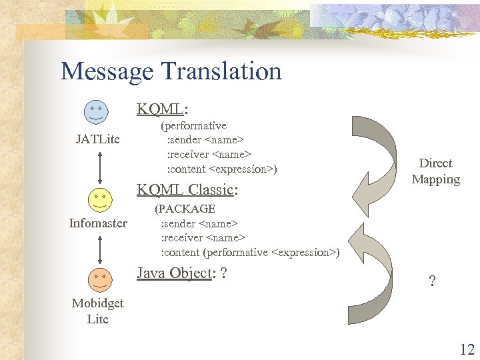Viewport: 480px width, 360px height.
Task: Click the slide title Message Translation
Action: pyautogui.click(x=171, y=71)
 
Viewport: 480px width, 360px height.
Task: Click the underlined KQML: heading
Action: pyautogui.click(x=162, y=109)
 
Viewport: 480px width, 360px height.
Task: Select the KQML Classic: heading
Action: pyautogui.click(x=187, y=190)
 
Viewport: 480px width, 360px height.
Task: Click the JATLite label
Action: pyautogui.click(x=98, y=139)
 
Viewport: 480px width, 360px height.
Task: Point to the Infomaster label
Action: pyautogui.click(x=98, y=223)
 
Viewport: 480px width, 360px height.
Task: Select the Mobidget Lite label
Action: pyautogui.click(x=98, y=311)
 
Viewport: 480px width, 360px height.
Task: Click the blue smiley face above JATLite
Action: pyautogui.click(x=97, y=109)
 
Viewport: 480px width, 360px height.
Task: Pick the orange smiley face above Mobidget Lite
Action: pyautogui.click(x=99, y=278)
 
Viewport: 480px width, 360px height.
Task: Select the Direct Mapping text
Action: pyautogui.click(x=435, y=171)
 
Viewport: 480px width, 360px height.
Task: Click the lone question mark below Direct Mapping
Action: pyautogui.click(x=432, y=281)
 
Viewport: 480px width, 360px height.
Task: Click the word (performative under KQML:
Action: pyautogui.click(x=193, y=125)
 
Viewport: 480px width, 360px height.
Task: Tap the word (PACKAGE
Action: pyautogui.click(x=185, y=209)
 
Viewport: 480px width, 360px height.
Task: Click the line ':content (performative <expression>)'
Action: pyautogui.click(x=250, y=252)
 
